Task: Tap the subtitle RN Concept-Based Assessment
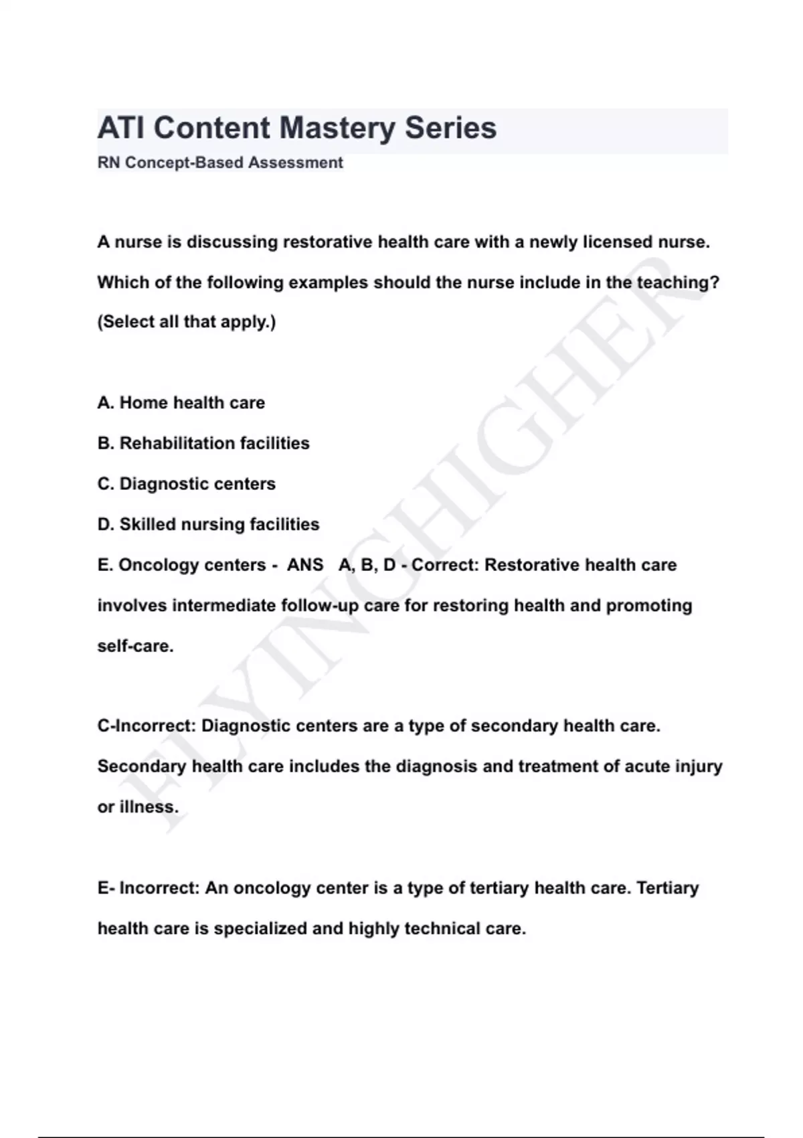[x=220, y=163]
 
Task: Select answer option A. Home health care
[x=181, y=402]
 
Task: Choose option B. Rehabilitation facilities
[x=203, y=443]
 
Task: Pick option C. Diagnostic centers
[x=187, y=483]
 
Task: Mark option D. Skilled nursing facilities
[x=208, y=524]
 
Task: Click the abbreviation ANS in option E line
[x=305, y=565]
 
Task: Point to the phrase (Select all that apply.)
[x=187, y=322]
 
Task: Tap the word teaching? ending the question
[x=678, y=282]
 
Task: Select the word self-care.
[x=136, y=646]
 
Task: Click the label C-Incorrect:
[x=147, y=726]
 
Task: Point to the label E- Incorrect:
[x=149, y=888]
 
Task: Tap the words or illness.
[x=139, y=807]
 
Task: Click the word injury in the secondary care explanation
[x=699, y=766]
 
